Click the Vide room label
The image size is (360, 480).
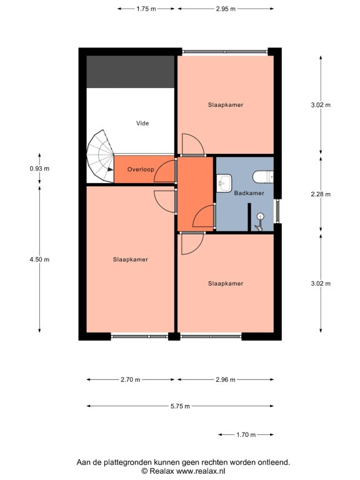(x=142, y=123)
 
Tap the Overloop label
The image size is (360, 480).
(x=141, y=169)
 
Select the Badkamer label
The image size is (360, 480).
(x=249, y=193)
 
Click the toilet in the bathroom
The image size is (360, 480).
(x=263, y=177)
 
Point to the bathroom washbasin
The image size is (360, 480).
(x=224, y=183)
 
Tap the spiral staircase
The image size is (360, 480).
(x=100, y=156)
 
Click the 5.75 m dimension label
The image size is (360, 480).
(x=180, y=406)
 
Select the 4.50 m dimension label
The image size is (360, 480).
(x=39, y=259)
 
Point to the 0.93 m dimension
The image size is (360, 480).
(x=39, y=168)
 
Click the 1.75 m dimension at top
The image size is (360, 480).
(x=146, y=9)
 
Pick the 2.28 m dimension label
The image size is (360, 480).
(x=321, y=194)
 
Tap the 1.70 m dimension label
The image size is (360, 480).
(x=246, y=435)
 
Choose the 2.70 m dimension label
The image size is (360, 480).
(x=131, y=379)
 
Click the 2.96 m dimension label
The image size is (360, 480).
(x=226, y=379)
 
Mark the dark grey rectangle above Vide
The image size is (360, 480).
(x=131, y=72)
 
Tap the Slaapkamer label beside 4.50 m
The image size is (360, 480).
(x=131, y=259)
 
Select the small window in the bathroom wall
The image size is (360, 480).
(x=277, y=211)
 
